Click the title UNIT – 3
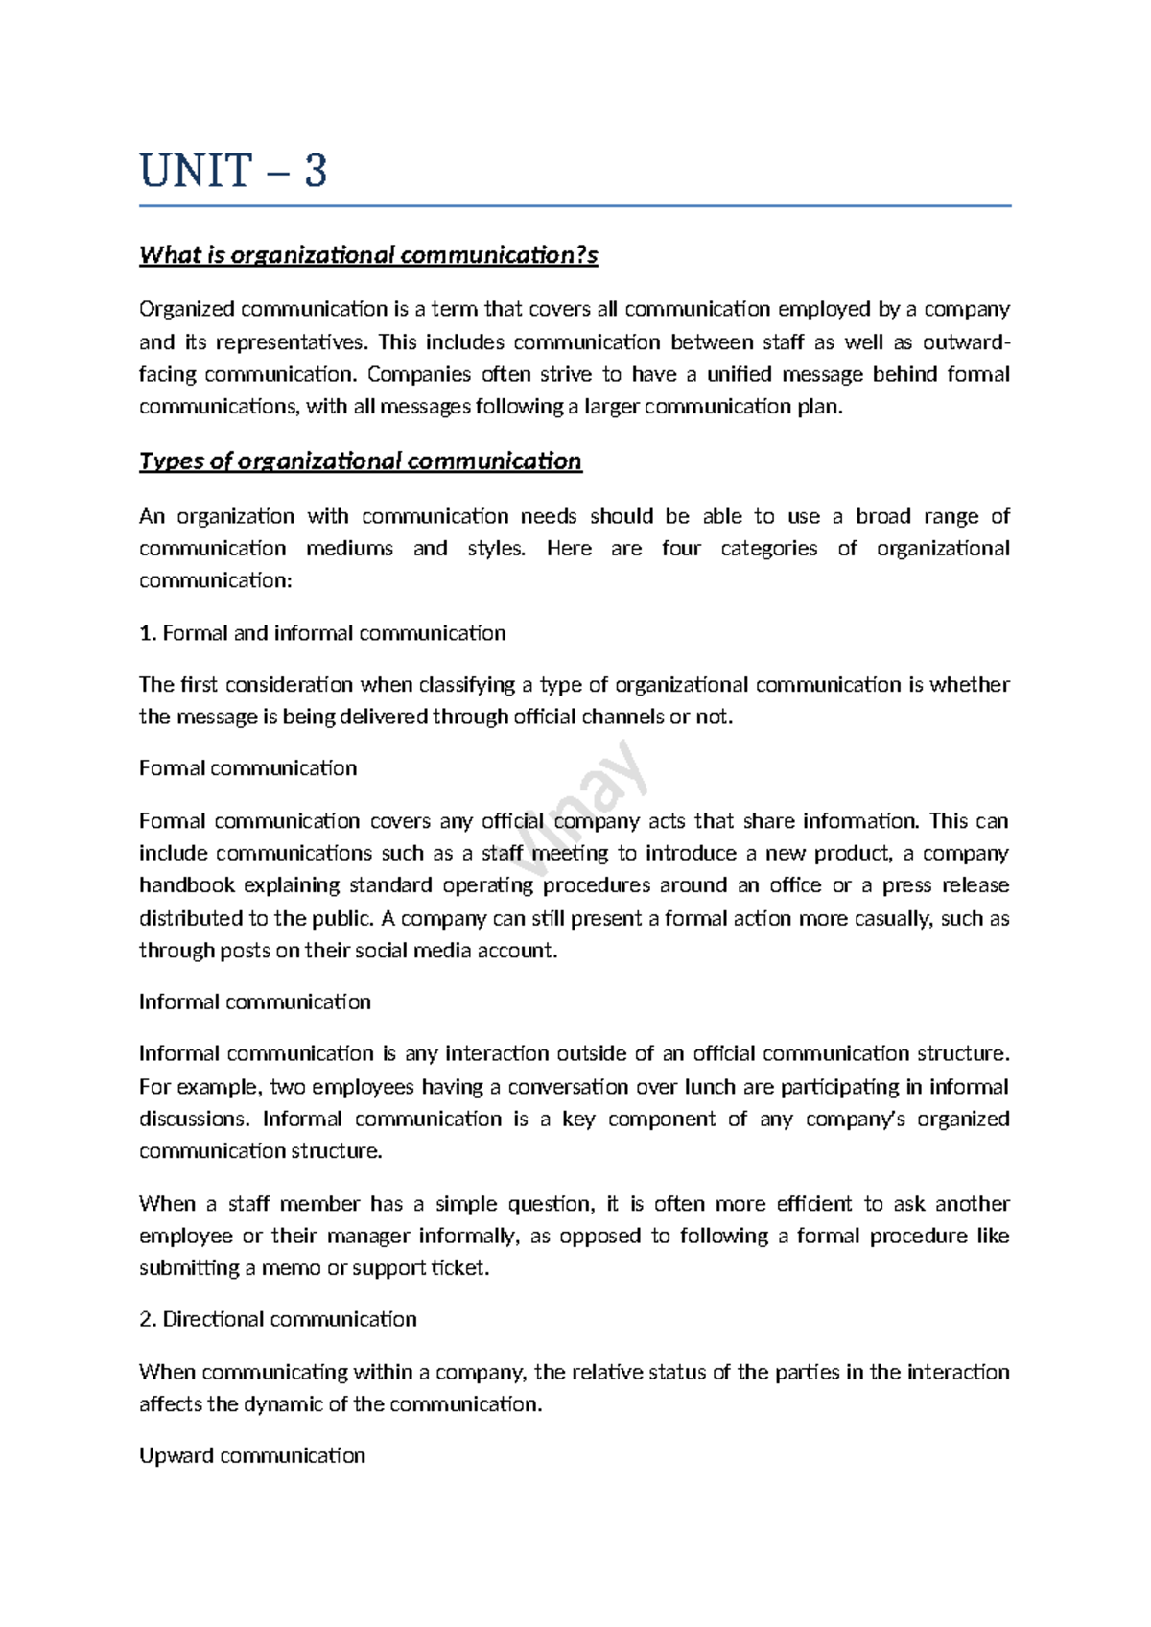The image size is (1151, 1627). (233, 171)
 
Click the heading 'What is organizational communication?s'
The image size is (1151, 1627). (368, 255)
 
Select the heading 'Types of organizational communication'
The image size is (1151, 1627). (360, 461)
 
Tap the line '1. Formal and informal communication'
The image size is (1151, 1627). (322, 633)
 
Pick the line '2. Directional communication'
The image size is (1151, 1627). (278, 1319)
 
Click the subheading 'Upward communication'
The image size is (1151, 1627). (252, 1455)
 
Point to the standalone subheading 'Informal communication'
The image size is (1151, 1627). (254, 1002)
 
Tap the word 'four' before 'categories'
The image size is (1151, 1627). (681, 549)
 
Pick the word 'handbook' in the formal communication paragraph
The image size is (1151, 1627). (185, 884)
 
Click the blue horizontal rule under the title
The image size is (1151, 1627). (575, 205)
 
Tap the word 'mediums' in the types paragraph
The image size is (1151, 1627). (349, 549)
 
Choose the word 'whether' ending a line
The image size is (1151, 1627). (970, 685)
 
